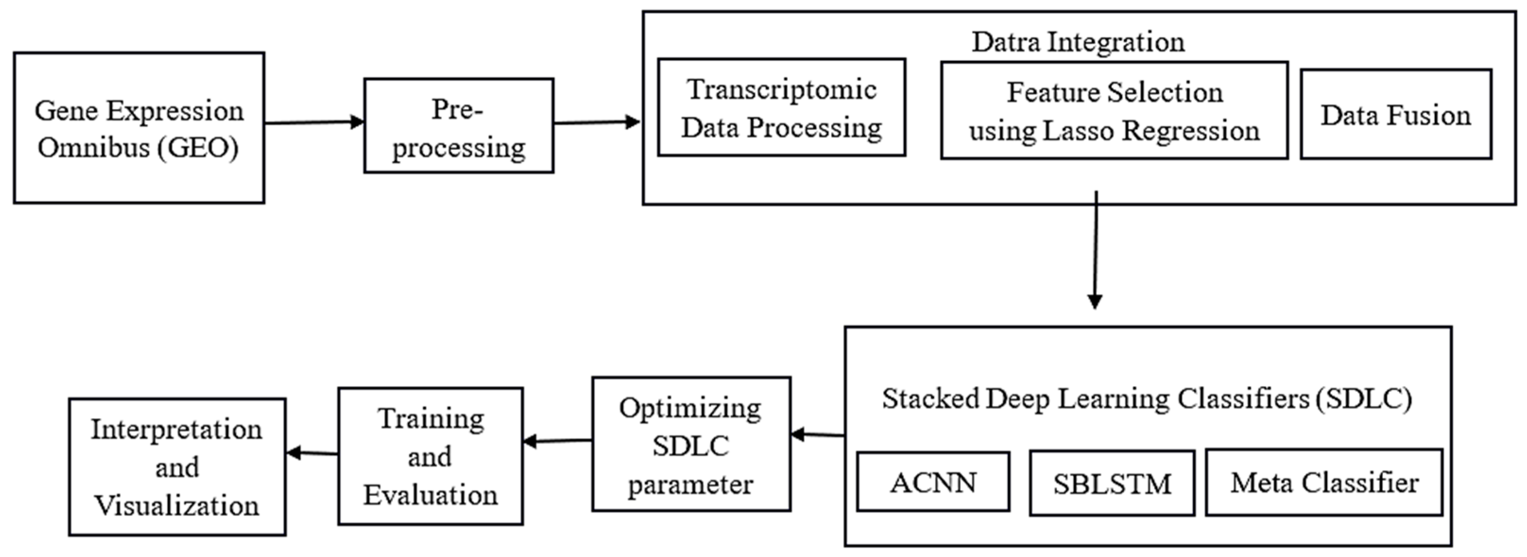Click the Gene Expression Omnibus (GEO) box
pyautogui.click(x=139, y=128)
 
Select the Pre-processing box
pyautogui.click(x=458, y=126)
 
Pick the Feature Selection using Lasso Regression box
pyautogui.click(x=1114, y=111)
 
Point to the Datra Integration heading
pyautogui.click(x=1078, y=42)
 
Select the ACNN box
pyautogui.click(x=932, y=482)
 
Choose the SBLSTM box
pyautogui.click(x=1111, y=483)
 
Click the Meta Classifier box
pyautogui.click(x=1324, y=482)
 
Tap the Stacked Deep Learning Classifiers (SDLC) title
pyautogui.click(x=1146, y=398)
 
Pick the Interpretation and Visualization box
pyautogui.click(x=177, y=467)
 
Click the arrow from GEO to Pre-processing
pyautogui.click(x=314, y=122)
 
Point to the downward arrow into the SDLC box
pyautogui.click(x=1095, y=249)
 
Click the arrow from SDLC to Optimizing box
pyautogui.click(x=818, y=435)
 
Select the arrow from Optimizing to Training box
pyautogui.click(x=557, y=441)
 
